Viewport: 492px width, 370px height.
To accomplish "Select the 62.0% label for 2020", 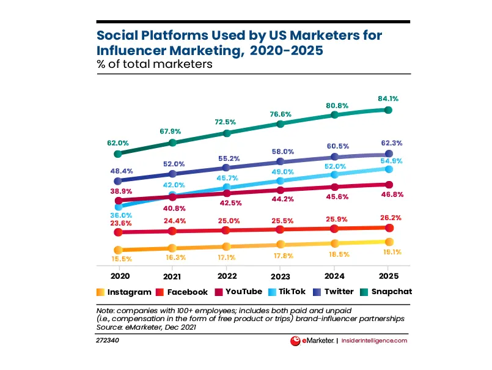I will pos(118,142).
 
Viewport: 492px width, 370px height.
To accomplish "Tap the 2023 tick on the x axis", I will pos(280,275).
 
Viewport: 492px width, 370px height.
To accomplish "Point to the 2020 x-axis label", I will pos(118,275).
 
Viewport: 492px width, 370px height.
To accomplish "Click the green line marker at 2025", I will pos(388,110).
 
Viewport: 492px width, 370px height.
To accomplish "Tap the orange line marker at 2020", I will pos(118,250).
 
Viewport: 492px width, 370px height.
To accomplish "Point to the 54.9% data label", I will pos(387,160).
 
